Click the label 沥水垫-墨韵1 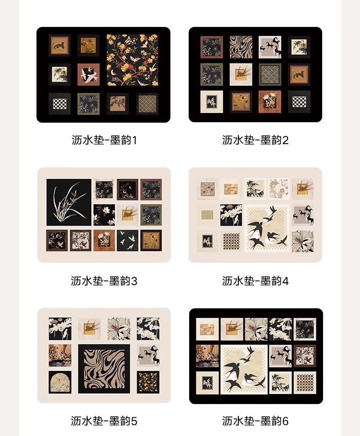click(x=104, y=140)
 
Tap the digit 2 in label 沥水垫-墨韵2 click(x=285, y=140)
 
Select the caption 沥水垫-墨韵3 click(x=104, y=281)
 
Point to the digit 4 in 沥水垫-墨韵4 click(x=285, y=281)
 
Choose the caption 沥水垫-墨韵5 click(x=104, y=421)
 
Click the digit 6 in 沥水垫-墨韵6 click(x=285, y=421)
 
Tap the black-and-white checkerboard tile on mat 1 click(x=60, y=104)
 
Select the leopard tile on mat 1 click(x=59, y=45)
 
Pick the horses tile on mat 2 click(x=270, y=47)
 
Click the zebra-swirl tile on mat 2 click(x=241, y=47)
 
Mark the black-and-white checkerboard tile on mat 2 click(x=299, y=101)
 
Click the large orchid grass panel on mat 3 click(x=69, y=202)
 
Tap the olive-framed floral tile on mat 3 click(x=151, y=215)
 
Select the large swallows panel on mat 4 click(x=267, y=228)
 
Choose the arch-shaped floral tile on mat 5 click(x=60, y=382)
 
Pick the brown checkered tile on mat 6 click(x=305, y=382)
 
